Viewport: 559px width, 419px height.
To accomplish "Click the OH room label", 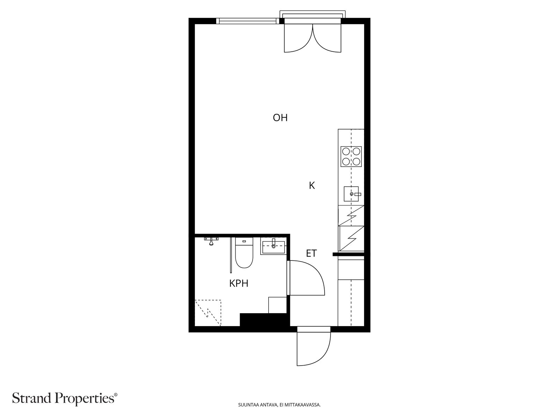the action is click(x=280, y=118).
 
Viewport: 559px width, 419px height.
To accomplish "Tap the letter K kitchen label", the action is click(x=312, y=185).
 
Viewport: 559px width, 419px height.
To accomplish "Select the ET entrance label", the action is click(x=311, y=253).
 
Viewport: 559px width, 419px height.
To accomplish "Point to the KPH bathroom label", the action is click(x=239, y=283).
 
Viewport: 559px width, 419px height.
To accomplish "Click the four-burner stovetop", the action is click(x=351, y=156).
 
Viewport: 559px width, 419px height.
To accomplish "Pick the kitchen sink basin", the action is click(x=351, y=194).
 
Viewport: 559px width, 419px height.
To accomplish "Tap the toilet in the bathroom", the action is click(x=244, y=252).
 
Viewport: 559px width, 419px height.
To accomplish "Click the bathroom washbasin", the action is click(x=274, y=246).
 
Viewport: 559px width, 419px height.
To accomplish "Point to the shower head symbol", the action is click(x=211, y=241).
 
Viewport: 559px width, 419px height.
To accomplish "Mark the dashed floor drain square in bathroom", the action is click(x=208, y=313).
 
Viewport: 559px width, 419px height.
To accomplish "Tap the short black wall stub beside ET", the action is click(x=348, y=254).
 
